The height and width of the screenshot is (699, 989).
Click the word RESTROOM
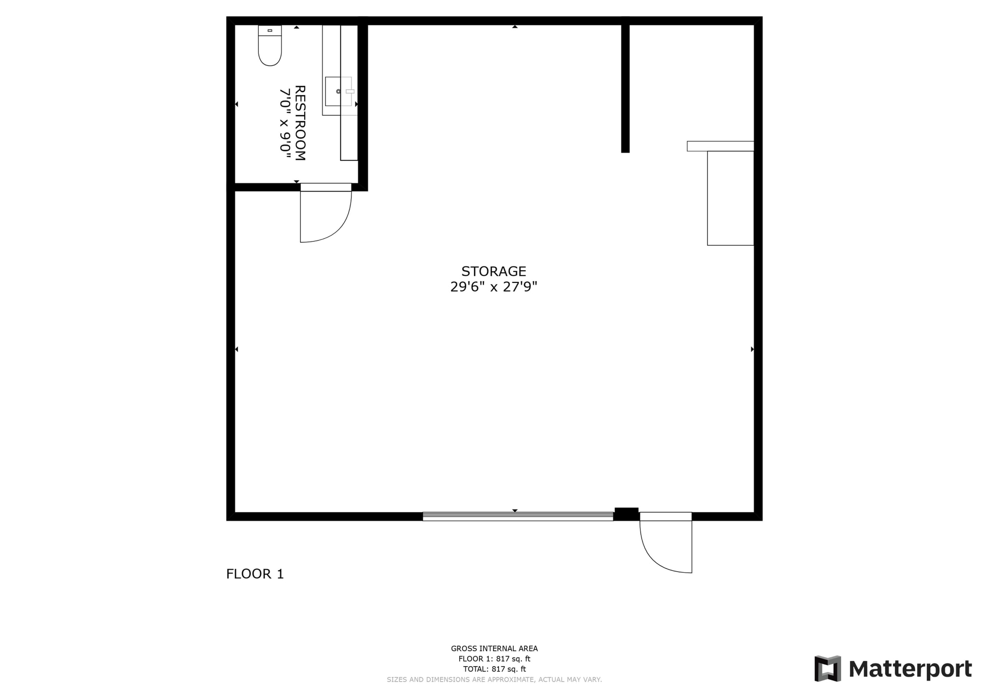point(300,123)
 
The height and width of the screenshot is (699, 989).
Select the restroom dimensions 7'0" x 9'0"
point(286,123)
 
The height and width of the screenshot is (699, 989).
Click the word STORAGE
point(494,271)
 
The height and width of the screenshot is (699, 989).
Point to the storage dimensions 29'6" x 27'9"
point(494,287)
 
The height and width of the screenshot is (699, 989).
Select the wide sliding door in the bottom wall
point(518,516)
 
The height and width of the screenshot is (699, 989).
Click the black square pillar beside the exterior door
point(626,514)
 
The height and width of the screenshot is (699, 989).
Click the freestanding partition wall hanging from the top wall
point(625,87)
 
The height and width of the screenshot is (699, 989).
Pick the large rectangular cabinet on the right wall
point(730,198)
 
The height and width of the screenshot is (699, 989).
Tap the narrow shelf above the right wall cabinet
point(720,146)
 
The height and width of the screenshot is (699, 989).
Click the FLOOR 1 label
point(255,574)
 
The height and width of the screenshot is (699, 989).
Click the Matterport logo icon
point(828,669)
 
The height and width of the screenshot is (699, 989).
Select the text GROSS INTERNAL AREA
point(494,649)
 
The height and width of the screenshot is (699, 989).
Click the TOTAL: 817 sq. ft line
point(494,669)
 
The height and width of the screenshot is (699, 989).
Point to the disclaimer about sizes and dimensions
point(494,680)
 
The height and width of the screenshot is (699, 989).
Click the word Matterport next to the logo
point(910,669)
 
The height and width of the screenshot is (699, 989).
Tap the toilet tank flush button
point(270,30)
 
